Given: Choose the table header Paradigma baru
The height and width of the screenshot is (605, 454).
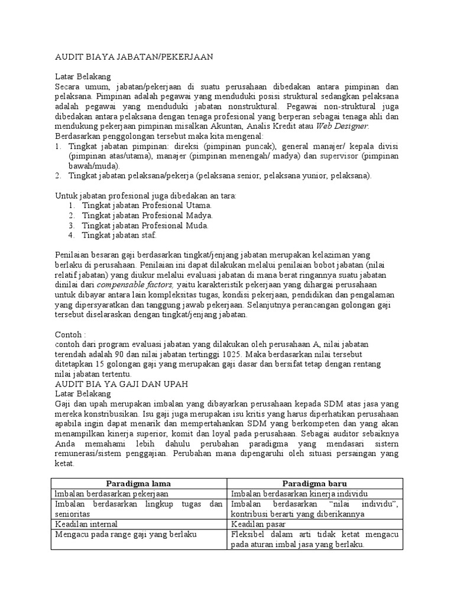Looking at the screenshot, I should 314,483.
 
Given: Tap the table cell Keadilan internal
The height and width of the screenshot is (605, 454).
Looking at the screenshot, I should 86,523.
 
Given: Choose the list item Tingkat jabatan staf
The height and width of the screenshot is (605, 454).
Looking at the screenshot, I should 120,235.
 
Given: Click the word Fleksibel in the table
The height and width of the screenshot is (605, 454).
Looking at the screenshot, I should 250,534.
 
